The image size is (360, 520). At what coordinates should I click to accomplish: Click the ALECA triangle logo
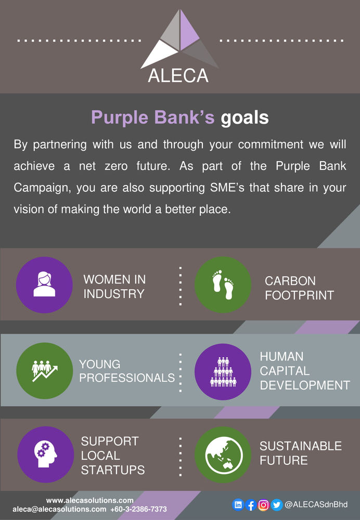180,39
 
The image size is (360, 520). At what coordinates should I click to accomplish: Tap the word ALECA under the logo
178,76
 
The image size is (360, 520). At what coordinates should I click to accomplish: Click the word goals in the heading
245,118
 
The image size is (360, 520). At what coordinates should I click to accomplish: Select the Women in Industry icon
44,285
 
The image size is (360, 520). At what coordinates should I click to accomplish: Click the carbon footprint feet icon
223,285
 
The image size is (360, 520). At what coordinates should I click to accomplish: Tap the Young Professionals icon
44,371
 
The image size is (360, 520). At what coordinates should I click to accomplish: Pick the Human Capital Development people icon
223,371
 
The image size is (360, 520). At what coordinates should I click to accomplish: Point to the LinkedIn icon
238,504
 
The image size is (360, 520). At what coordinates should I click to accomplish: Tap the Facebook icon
251,504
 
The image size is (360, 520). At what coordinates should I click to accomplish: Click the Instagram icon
264,504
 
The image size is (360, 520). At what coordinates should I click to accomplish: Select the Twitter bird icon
276,504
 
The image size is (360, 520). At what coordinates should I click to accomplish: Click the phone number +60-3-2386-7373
138,510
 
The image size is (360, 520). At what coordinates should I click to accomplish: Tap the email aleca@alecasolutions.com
59,510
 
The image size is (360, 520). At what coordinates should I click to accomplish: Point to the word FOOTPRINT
299,295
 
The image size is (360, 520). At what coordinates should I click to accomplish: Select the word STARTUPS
112,470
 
